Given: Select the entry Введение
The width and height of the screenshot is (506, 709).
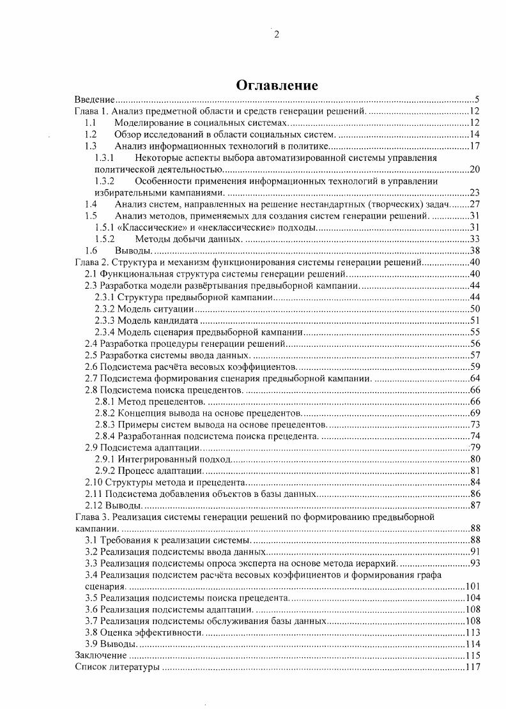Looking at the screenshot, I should point(94,100).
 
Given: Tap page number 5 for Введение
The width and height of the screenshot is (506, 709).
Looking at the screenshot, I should point(477,100).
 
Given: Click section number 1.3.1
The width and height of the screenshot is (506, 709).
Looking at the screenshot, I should point(104,158).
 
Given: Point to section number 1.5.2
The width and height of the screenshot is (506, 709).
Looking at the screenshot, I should point(104,239).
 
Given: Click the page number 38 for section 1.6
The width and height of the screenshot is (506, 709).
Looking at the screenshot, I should point(474,250).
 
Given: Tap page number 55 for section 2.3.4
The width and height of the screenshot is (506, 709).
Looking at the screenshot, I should point(474,332).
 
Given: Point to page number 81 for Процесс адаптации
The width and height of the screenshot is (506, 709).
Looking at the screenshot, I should point(474,471).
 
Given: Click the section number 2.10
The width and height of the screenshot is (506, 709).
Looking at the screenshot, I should point(95,482).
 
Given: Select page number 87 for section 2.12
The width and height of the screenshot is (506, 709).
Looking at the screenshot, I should point(474,505).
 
